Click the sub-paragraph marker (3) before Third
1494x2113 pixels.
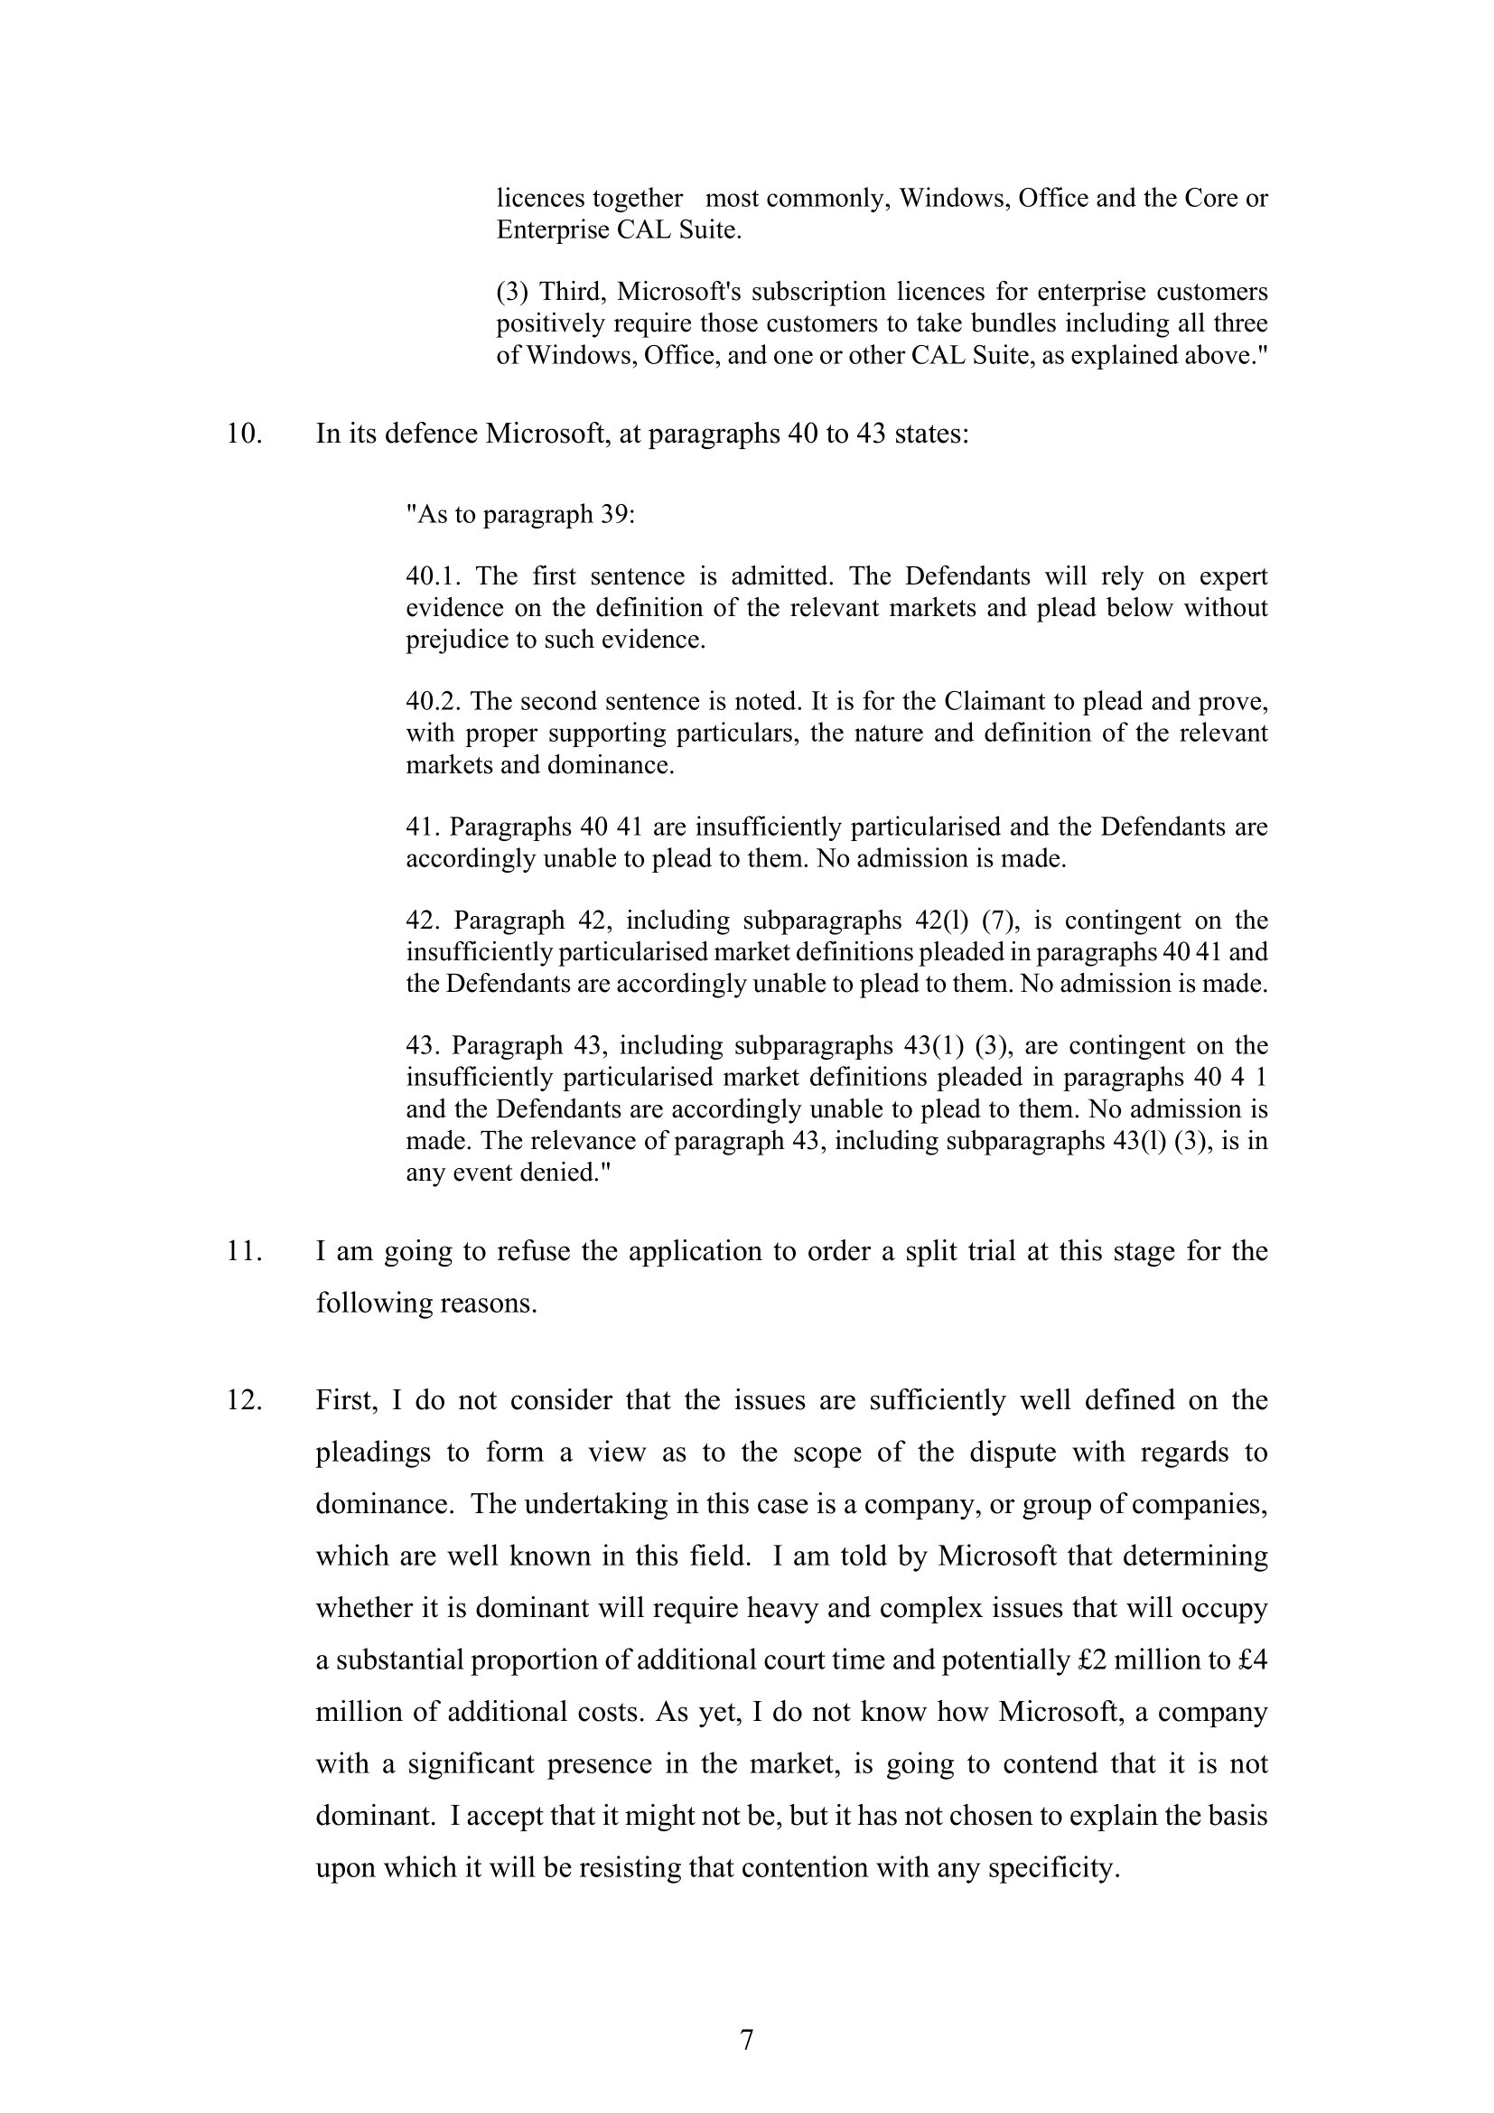(512, 293)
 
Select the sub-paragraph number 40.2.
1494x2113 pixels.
(434, 701)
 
